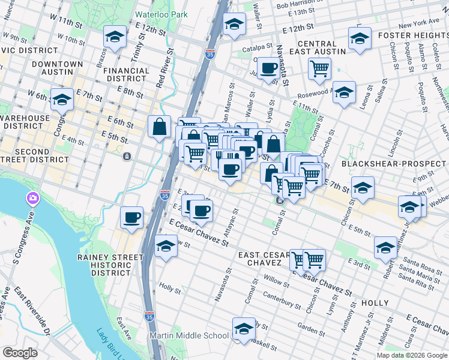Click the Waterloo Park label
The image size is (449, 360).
[x=161, y=14]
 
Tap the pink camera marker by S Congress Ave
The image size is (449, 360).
[x=32, y=198]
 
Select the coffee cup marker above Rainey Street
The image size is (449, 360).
[x=131, y=218]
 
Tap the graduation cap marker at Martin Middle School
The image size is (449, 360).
[x=244, y=329]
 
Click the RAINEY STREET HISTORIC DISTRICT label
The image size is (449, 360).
[x=110, y=265]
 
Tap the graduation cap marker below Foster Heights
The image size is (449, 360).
[x=360, y=39]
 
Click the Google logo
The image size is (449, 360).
[x=20, y=353]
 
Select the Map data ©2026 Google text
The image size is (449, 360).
[x=412, y=355]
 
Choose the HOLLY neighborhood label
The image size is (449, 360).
[x=375, y=303]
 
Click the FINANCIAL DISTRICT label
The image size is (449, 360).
[x=126, y=74]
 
